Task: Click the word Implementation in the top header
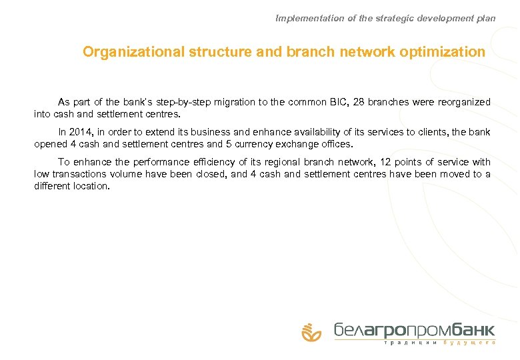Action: (309, 19)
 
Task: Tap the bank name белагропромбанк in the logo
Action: (414, 329)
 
